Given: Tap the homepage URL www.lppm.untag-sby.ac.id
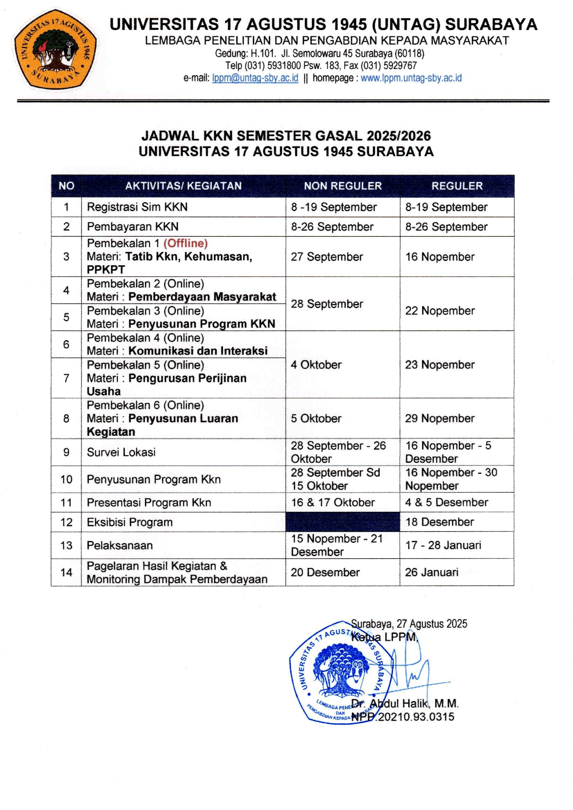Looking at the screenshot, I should pos(411,78).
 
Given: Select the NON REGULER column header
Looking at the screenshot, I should pos(343,186).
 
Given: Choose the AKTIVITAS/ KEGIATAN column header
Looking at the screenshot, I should pos(184,186).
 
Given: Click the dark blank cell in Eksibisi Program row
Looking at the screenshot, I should pos(343,522).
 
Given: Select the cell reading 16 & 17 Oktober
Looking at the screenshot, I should pos(333,502).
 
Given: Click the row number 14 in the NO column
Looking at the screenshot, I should pos(66,572).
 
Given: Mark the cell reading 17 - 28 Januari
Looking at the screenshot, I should pos(443,545).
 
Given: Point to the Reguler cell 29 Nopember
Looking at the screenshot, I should pos(440,418).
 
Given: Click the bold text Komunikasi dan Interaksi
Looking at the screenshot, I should pos(198,351).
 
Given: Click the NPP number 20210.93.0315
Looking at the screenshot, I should pos(416,717).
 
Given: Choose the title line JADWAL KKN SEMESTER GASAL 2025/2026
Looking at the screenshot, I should pos(286,136).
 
